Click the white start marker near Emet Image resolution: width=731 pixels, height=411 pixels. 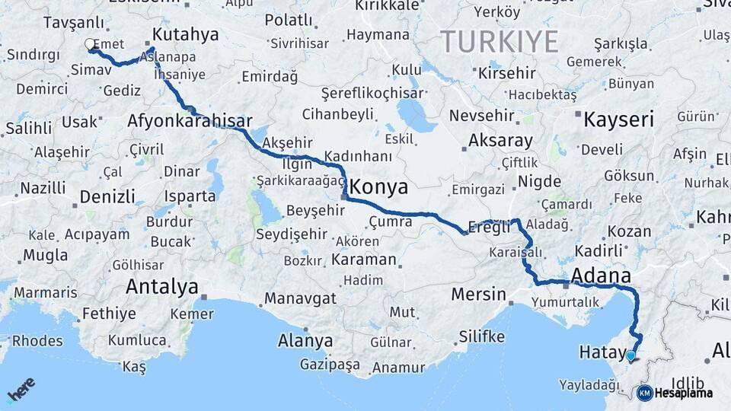(x=91, y=44)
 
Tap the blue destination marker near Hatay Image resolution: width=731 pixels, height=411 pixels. (x=630, y=355)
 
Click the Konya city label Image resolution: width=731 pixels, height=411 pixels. (x=378, y=187)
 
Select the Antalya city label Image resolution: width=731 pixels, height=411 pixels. (x=161, y=287)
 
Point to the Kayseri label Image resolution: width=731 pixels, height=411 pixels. (x=618, y=119)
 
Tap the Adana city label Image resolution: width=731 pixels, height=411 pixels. (x=601, y=276)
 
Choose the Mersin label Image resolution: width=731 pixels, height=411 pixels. (x=478, y=294)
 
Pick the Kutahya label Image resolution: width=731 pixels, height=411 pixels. (x=185, y=34)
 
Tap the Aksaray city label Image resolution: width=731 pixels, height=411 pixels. (x=500, y=141)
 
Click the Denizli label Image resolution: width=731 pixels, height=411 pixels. (x=107, y=197)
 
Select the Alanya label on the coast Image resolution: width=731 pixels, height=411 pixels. (x=305, y=340)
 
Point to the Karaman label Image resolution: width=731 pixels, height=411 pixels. (x=364, y=260)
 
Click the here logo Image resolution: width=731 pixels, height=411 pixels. (x=21, y=390)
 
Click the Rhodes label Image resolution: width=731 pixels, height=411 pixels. (x=37, y=340)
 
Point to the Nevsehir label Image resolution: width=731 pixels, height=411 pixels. (x=478, y=116)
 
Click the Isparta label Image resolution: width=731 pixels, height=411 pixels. (x=190, y=196)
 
